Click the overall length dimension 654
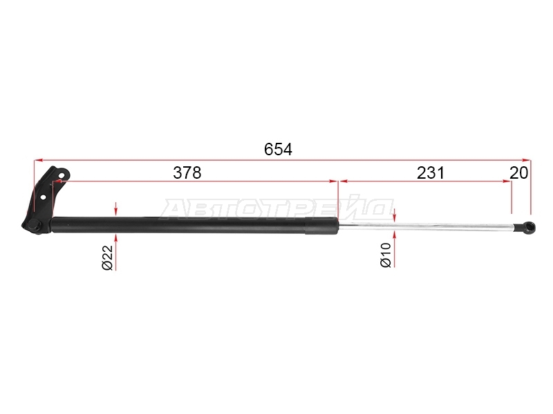tap(278, 150)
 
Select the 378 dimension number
tap(187, 173)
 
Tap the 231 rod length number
tap(431, 173)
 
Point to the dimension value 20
tap(519, 173)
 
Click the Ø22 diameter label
tap(108, 257)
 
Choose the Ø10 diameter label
tap(386, 255)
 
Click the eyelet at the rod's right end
tap(529, 228)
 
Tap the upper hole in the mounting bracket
tap(62, 175)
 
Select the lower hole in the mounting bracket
tap(43, 197)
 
